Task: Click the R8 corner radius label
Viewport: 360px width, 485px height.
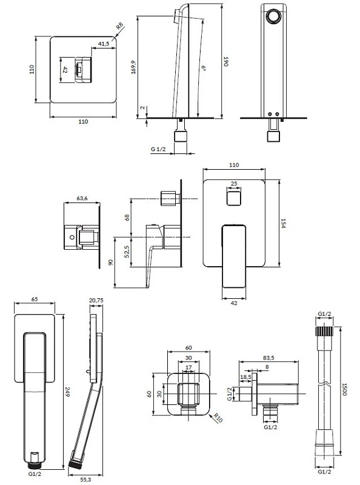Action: click(120, 26)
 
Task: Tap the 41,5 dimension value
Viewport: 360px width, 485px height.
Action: click(104, 44)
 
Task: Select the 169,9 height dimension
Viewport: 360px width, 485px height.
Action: click(133, 67)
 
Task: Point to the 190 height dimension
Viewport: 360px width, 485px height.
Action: click(226, 61)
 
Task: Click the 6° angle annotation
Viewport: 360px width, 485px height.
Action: click(204, 68)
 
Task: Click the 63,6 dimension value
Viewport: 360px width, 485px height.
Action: click(82, 198)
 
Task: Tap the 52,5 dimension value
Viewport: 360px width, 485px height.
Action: click(126, 252)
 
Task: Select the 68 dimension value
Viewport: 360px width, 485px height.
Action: click(127, 218)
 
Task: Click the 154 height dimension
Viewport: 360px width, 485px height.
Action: click(283, 223)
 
